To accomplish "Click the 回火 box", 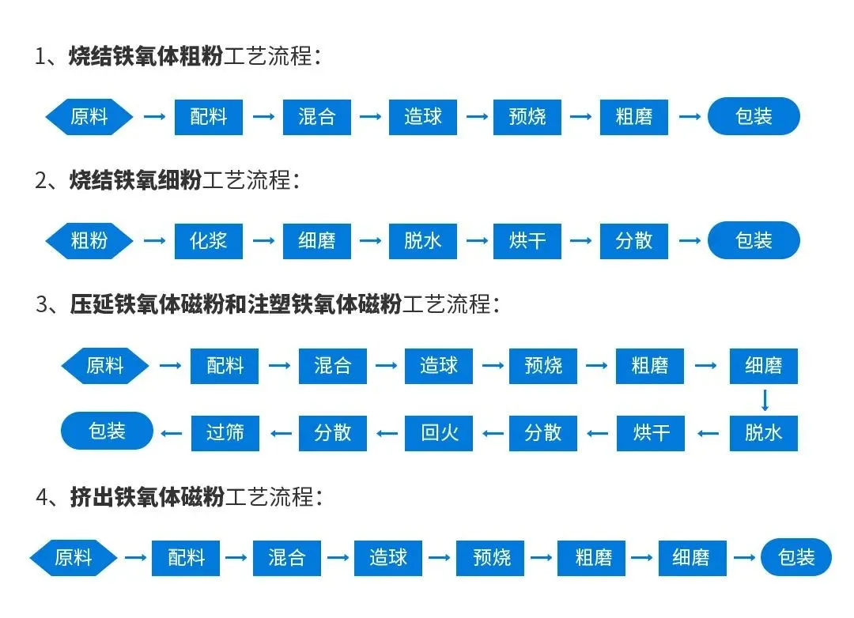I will tap(439, 432).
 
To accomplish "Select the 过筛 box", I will tap(225, 432).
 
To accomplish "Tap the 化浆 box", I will tap(209, 240).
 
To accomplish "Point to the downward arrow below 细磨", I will tap(765, 399).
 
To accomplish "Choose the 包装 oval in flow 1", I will tap(753, 117).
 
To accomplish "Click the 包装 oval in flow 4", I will tap(795, 557).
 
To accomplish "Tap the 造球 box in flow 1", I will tap(423, 117).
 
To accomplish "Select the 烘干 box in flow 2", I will tap(527, 240).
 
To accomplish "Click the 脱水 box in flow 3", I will tap(764, 432).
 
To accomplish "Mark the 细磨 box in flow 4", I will tap(690, 557).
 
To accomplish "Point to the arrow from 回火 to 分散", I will tap(387, 432).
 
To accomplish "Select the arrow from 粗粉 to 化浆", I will tap(154, 240).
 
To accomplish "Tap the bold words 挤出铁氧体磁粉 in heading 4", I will tap(147, 497).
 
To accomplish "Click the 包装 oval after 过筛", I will tap(107, 431).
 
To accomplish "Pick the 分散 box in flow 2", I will tap(633, 240).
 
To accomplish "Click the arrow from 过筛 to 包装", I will tap(172, 432).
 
